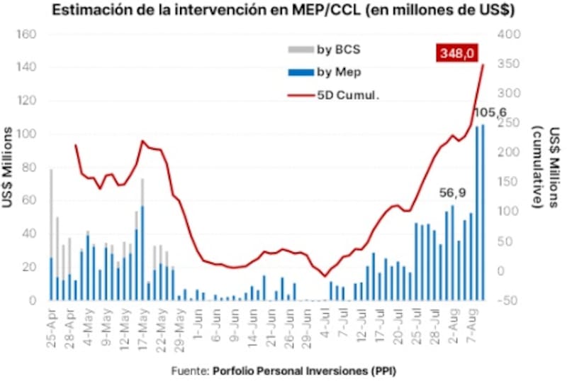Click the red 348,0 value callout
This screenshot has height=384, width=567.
460,53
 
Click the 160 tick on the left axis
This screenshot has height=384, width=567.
27,35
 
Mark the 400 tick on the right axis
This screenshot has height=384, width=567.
510,35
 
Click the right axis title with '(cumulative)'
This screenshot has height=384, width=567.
546,168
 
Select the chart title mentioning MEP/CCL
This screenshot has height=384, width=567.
282,11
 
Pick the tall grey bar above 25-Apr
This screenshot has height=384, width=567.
51,213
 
